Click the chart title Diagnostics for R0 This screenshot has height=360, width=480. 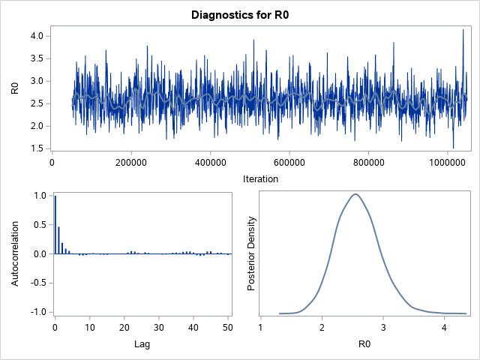point(239,15)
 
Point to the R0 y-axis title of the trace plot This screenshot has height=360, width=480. point(15,87)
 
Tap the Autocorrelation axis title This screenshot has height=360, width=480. point(15,253)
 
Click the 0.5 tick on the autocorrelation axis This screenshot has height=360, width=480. point(39,224)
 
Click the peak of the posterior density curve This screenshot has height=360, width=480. point(355,194)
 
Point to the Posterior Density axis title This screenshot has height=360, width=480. point(252,253)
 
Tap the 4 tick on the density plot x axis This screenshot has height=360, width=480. point(444,327)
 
